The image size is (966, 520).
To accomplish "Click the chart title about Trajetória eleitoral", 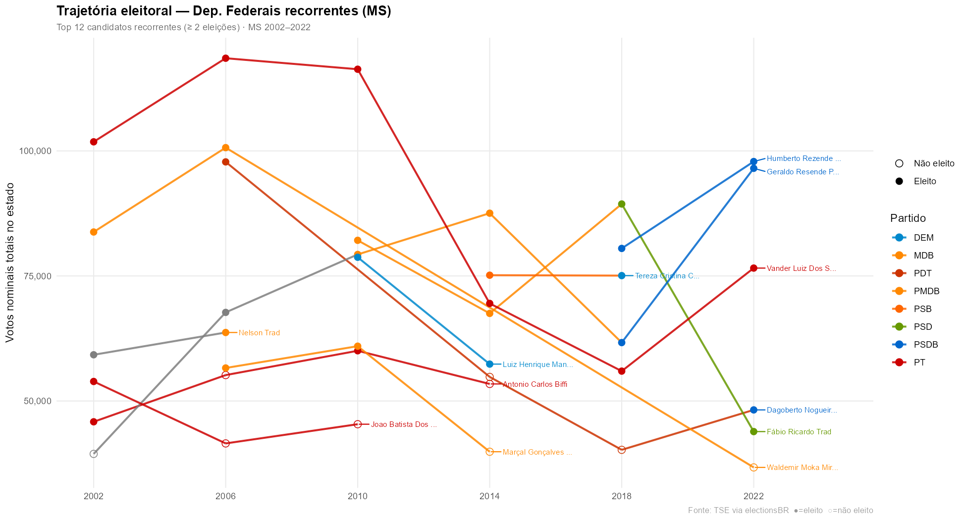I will click(x=223, y=11).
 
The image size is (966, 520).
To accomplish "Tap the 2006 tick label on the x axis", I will click(x=225, y=496).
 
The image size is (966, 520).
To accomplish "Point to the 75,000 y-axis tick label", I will click(x=38, y=276).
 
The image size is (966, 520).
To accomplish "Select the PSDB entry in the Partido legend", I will click(x=925, y=345).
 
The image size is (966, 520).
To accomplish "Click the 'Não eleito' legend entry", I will click(x=933, y=163).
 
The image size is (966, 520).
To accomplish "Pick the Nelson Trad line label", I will click(x=259, y=333).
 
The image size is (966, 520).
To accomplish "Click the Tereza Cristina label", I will click(x=667, y=276).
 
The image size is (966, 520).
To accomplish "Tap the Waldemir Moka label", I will click(x=802, y=468).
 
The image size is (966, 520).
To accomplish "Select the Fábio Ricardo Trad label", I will click(x=799, y=432).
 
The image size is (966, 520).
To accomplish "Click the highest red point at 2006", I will click(x=225, y=58).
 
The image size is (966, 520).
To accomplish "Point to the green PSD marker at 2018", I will click(x=622, y=204).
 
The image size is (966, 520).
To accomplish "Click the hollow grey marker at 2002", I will click(x=94, y=454).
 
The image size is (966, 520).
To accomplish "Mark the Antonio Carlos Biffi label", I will click(x=535, y=384).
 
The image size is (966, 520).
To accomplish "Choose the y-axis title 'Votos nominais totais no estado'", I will click(x=10, y=262).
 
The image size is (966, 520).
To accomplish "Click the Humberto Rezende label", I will click(x=804, y=159).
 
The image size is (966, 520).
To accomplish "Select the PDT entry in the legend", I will click(x=922, y=273).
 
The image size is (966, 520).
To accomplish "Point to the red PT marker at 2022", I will click(x=753, y=268).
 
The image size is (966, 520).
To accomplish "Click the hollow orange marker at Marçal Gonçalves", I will click(x=489, y=452).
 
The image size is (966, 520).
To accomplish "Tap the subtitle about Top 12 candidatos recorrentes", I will click(x=183, y=27).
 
